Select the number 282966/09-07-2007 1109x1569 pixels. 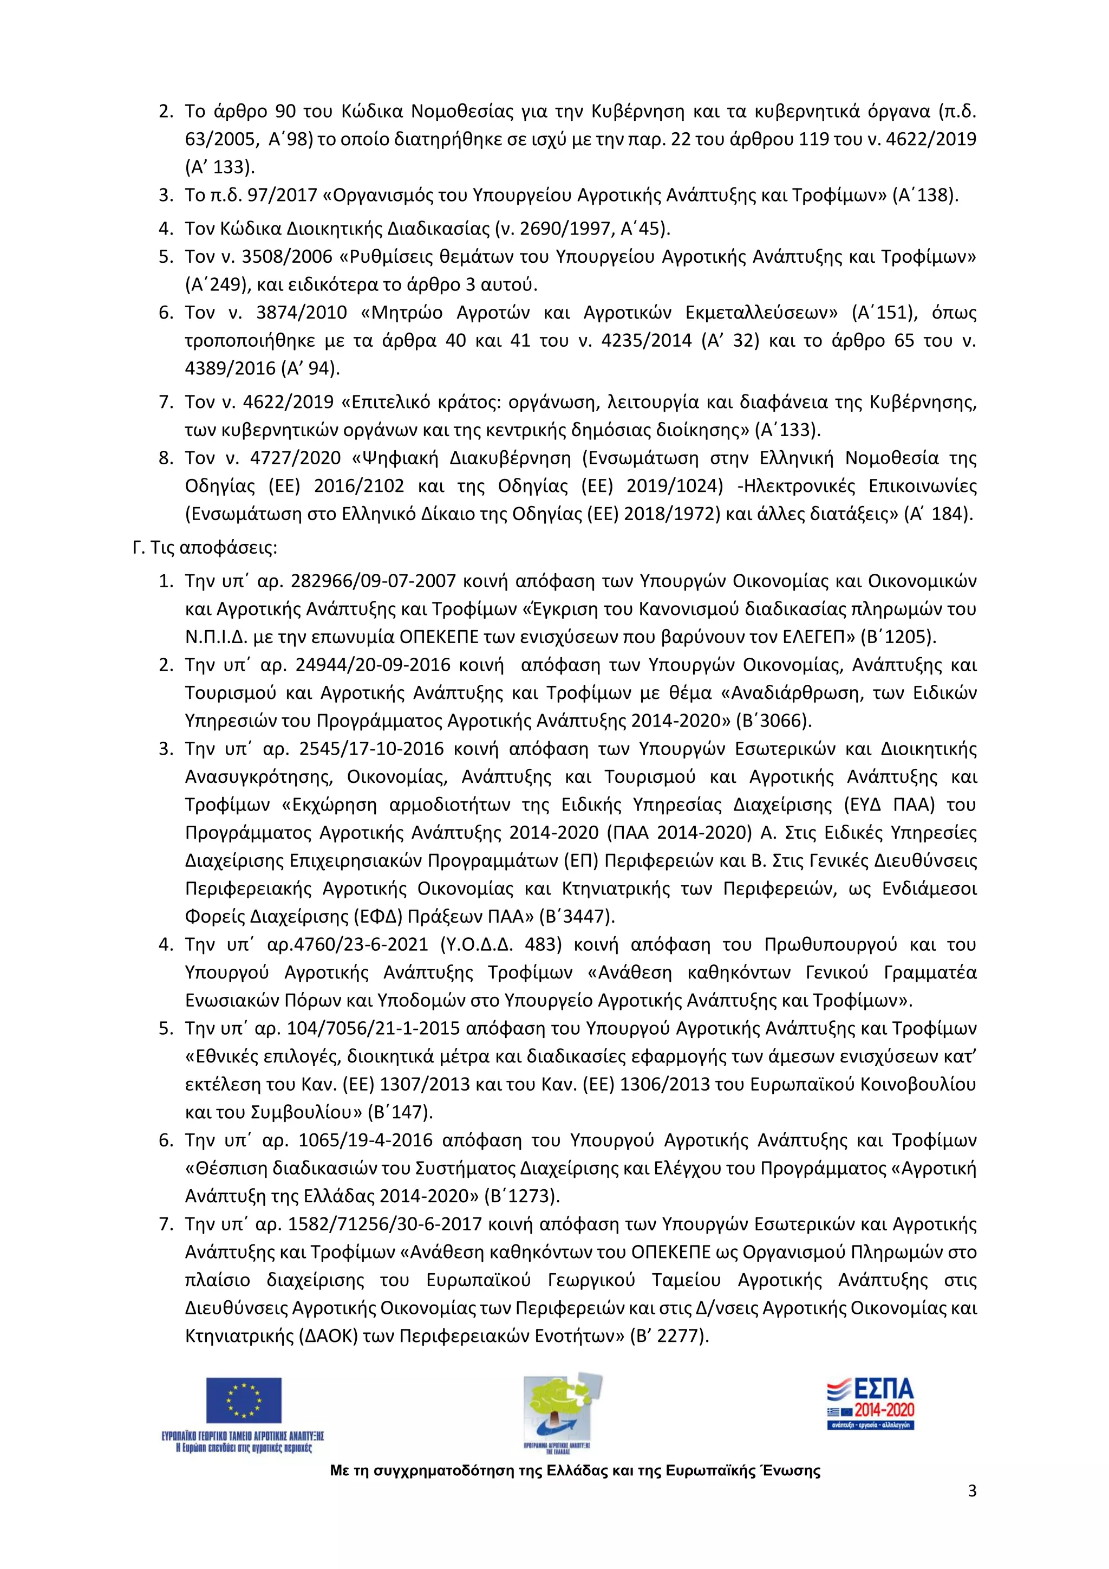tap(373, 581)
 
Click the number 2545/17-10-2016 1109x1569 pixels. tap(371, 749)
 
